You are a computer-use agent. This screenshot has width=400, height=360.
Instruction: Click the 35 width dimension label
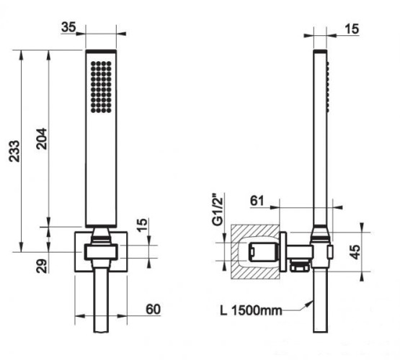(68, 27)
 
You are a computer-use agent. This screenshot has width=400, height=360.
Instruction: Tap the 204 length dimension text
(43, 136)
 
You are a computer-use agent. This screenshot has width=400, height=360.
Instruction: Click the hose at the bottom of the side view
(318, 317)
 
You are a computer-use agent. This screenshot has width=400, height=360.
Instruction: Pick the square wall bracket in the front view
(79, 252)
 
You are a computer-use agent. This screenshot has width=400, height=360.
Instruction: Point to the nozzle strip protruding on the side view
(326, 83)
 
